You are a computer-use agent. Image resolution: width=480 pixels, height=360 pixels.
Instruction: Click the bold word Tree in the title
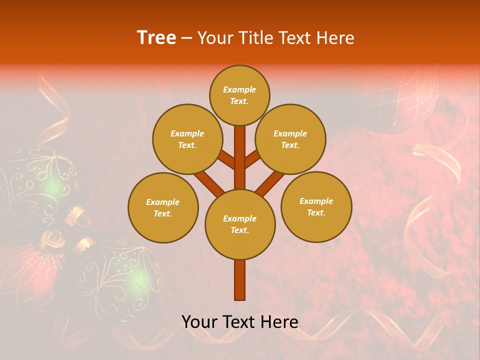coord(156,37)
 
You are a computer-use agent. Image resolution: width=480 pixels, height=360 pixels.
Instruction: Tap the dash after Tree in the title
coord(186,38)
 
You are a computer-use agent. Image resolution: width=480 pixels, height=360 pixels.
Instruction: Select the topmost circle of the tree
coord(239,95)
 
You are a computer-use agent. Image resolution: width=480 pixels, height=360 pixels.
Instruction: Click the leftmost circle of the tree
coord(163,207)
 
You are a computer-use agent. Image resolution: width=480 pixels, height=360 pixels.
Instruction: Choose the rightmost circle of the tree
coord(316,206)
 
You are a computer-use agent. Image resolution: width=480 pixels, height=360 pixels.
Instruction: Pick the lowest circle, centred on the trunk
coord(240,224)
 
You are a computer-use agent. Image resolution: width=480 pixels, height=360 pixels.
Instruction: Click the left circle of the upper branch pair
coord(187,139)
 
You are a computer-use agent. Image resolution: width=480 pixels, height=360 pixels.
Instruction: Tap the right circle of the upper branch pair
coord(290,139)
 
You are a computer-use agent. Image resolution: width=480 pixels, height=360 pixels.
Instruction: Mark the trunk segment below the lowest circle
coord(240,280)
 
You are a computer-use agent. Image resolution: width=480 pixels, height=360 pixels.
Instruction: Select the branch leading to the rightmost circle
coord(270,183)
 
